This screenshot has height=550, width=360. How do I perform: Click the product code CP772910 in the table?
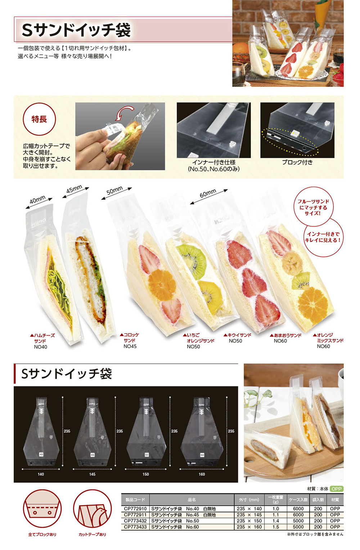point(135,509)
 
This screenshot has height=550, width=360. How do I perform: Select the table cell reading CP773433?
point(135,527)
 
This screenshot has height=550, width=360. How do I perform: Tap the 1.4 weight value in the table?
point(276,521)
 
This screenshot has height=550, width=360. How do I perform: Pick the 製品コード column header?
point(135,500)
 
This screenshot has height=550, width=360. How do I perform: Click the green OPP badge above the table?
point(337,489)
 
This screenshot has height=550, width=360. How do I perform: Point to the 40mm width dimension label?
point(37,200)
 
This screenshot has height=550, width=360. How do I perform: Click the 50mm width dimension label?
point(114,190)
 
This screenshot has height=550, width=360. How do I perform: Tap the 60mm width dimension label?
point(208,194)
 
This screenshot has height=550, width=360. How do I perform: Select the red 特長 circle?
point(39,119)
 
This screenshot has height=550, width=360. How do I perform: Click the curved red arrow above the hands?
point(123,113)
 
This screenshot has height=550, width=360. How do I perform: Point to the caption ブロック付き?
point(297,162)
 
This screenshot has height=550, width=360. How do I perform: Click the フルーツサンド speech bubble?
point(313,207)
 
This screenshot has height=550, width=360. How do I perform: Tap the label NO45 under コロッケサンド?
point(130,346)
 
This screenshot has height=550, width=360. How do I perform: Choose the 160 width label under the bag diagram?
point(202,474)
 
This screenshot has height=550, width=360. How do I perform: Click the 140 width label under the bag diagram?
point(41,474)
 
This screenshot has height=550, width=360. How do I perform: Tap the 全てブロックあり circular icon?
point(42,509)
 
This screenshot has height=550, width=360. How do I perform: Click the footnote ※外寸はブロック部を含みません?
point(315,534)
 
